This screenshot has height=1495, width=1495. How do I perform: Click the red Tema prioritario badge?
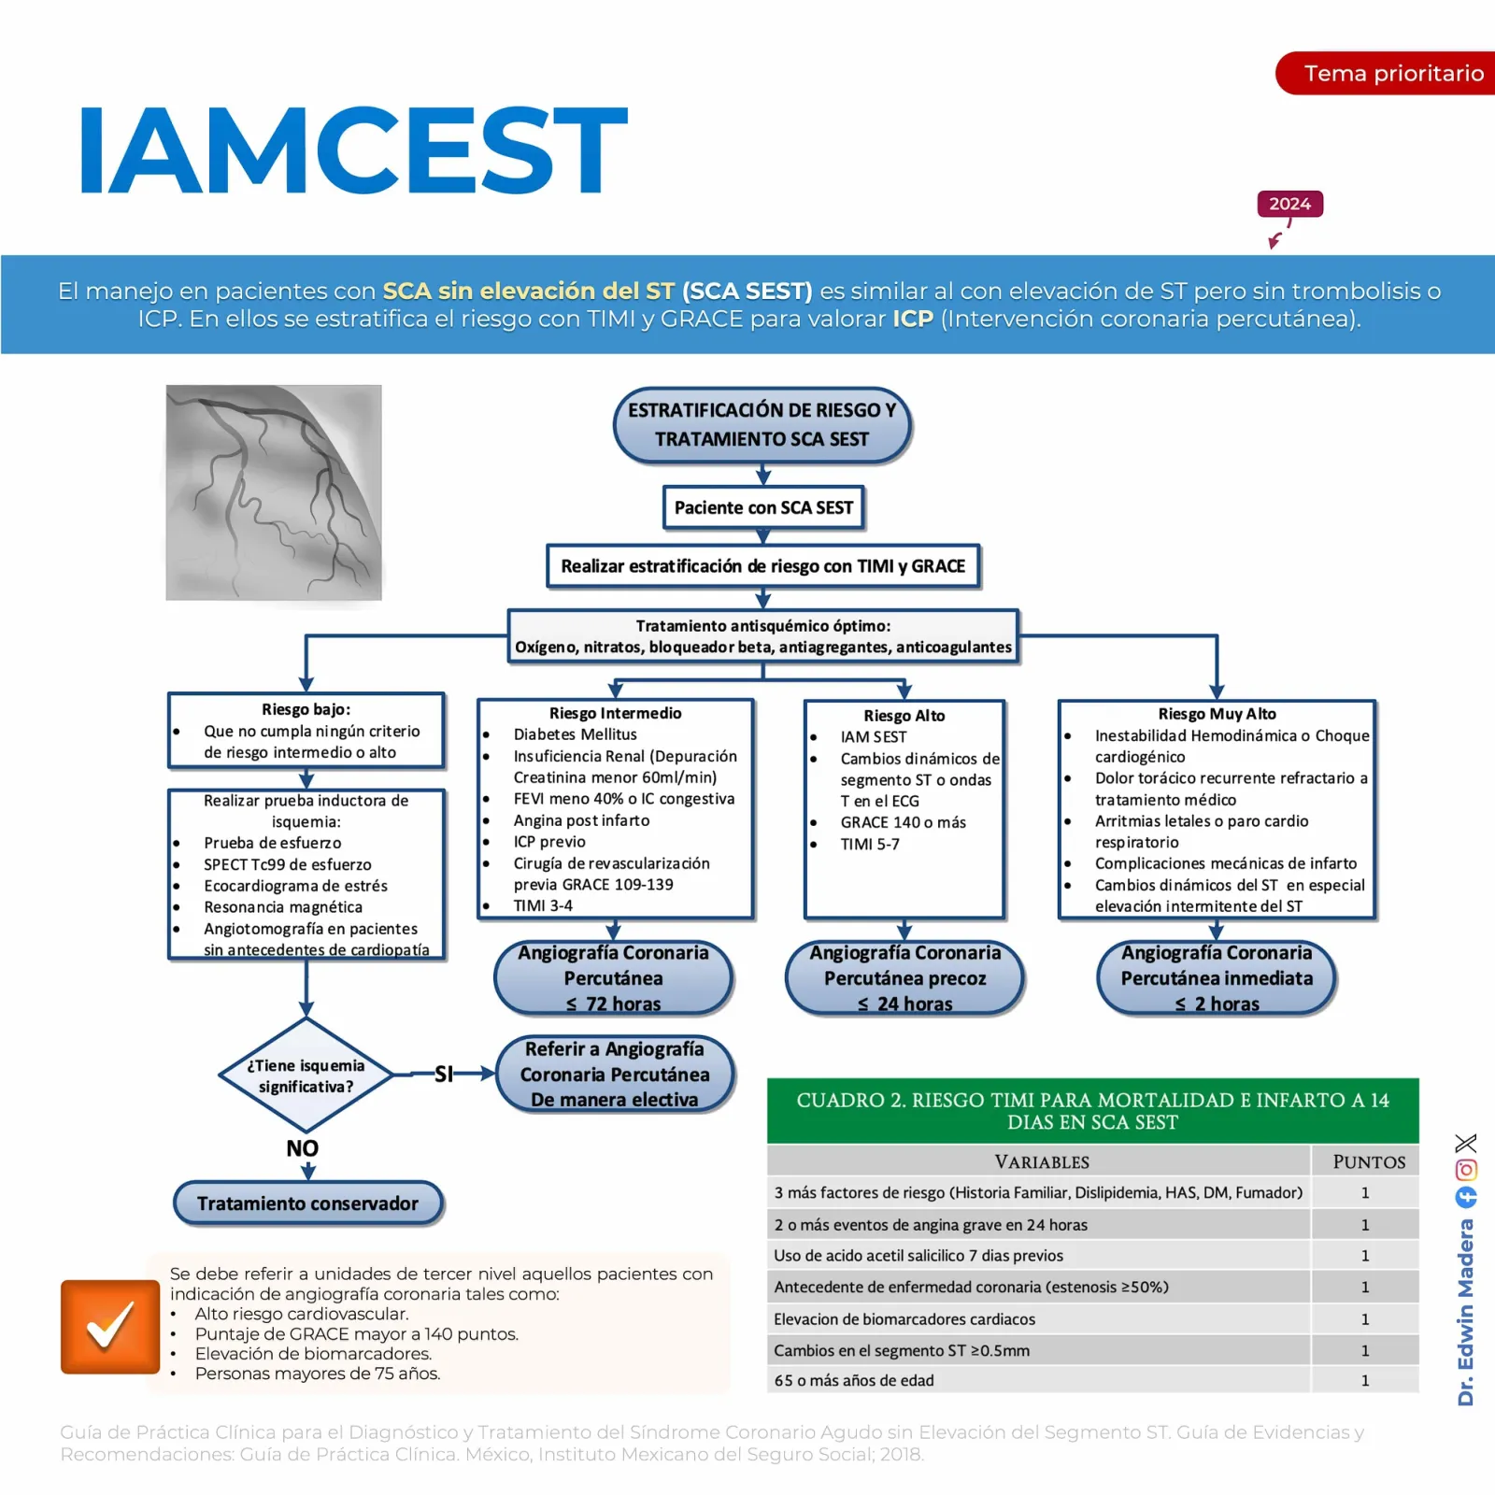[1386, 73]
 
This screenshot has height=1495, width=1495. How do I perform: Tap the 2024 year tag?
[1289, 204]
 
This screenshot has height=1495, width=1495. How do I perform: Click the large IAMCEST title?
[353, 149]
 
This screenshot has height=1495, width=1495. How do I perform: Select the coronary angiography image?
[274, 492]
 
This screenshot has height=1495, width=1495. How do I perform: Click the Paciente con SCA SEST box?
[763, 507]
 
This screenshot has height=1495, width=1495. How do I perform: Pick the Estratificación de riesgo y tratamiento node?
[762, 425]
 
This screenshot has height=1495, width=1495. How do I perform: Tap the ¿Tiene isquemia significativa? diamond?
[306, 1075]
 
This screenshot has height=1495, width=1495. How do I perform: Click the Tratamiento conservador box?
[308, 1203]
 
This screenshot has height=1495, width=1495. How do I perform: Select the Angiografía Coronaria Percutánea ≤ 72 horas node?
[614, 977]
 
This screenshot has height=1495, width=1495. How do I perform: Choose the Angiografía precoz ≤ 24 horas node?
[904, 977]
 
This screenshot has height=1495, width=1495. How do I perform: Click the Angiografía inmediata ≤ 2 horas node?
[1217, 977]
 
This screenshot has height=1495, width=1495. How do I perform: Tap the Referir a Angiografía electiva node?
[615, 1074]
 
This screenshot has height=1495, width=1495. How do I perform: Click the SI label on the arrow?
[444, 1075]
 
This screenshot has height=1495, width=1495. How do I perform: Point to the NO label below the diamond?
[303, 1148]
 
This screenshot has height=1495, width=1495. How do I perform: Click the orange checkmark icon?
[110, 1327]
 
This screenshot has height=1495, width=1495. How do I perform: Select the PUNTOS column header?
[1369, 1161]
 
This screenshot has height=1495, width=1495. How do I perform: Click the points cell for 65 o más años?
[1365, 1380]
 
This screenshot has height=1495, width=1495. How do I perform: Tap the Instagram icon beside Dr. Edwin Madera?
[1466, 1170]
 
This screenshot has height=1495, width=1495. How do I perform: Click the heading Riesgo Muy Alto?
[1217, 714]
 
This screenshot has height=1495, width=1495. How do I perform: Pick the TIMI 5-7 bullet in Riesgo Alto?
[869, 845]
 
